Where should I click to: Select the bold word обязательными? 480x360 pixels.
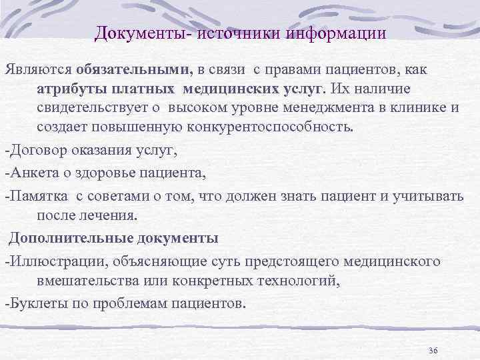click(133, 69)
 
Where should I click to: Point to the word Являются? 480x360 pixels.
click(37, 69)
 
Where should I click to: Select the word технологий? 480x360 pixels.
click(303, 280)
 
